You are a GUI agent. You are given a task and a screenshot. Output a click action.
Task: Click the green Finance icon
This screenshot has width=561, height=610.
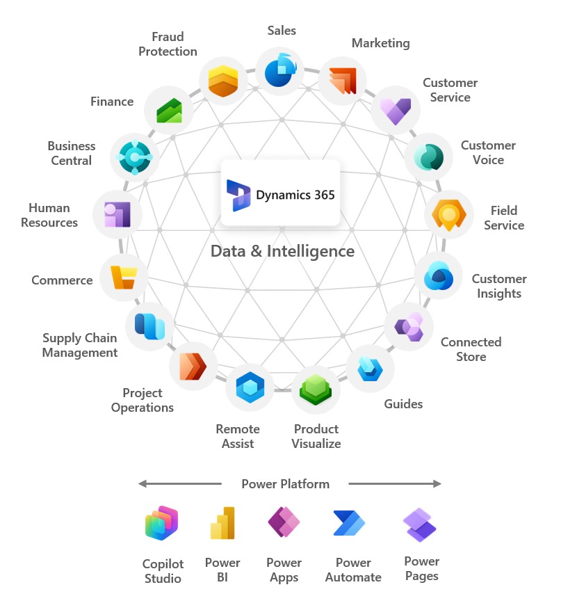pyautogui.click(x=169, y=109)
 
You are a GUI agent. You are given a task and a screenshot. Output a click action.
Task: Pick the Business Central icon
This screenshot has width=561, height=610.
pyautogui.click(x=135, y=156)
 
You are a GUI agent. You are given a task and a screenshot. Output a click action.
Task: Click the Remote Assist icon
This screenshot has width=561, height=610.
pyautogui.click(x=250, y=386)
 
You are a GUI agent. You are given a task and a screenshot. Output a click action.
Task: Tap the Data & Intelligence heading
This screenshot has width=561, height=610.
pyautogui.click(x=282, y=251)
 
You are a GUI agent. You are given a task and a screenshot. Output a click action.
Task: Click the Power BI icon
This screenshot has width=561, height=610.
pyautogui.click(x=222, y=523)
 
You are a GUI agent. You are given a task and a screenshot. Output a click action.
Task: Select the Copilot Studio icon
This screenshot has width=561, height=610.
pyautogui.click(x=162, y=524)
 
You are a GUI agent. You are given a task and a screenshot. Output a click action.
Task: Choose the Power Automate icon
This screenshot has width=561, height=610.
pyautogui.click(x=349, y=523)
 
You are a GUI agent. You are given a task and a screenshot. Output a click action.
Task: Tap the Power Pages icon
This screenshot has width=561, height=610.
pyautogui.click(x=420, y=523)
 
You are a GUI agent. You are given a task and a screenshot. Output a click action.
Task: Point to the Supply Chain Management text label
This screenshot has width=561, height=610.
pyautogui.click(x=80, y=345)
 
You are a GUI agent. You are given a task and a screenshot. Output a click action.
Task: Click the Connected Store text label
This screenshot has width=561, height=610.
pyautogui.click(x=471, y=349)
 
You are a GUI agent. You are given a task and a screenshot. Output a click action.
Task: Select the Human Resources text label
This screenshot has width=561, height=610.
pyautogui.click(x=49, y=215)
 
